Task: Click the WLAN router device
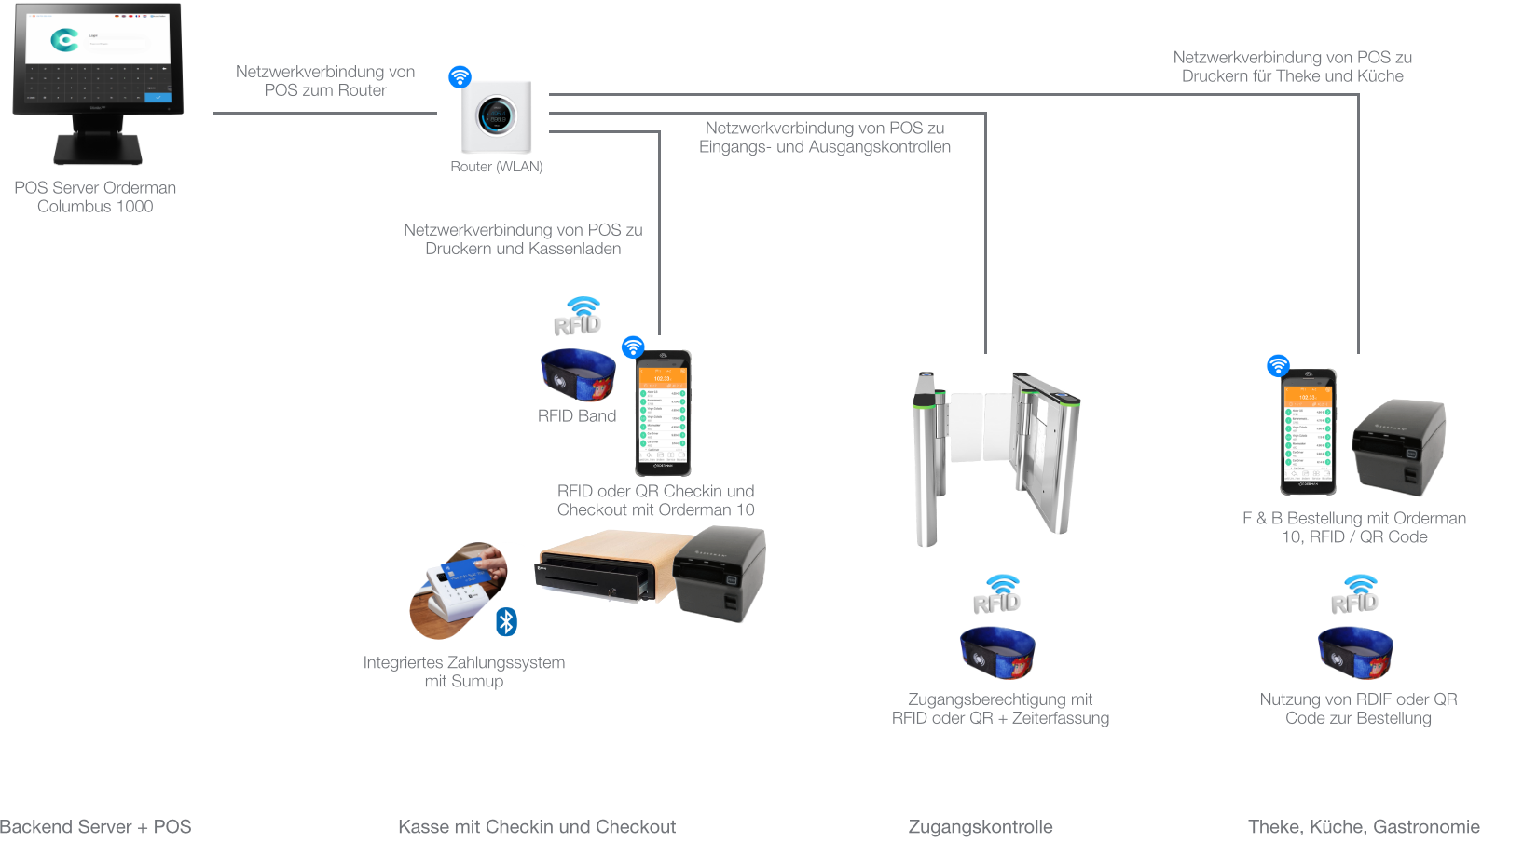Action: coord(497,117)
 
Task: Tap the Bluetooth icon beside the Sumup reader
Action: coord(506,621)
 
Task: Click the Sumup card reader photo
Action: coord(458,591)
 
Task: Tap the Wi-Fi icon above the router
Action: coord(460,76)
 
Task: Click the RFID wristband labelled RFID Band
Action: coord(578,374)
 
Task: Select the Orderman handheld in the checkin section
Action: coord(663,413)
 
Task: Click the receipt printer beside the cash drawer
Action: coord(720,573)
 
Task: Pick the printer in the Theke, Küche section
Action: coord(1398,446)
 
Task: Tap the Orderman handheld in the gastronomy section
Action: coord(1308,432)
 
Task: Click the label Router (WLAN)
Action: coord(496,167)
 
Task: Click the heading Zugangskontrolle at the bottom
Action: coord(981,827)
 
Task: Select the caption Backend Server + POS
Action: coord(95,827)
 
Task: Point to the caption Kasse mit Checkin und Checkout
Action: coord(537,827)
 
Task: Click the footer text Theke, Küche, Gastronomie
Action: coord(1364,827)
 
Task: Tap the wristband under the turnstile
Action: coord(997,652)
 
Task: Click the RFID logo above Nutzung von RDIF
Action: coord(1355,595)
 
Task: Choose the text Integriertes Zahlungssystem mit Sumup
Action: coord(464,672)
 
